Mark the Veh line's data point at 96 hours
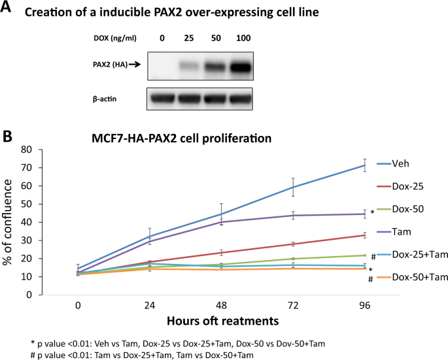coord(364,165)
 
